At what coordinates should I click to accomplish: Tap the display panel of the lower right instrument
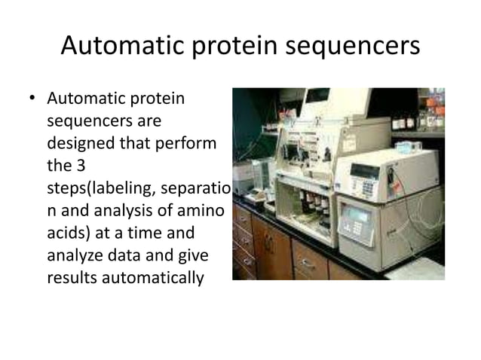pyautogui.click(x=357, y=216)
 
